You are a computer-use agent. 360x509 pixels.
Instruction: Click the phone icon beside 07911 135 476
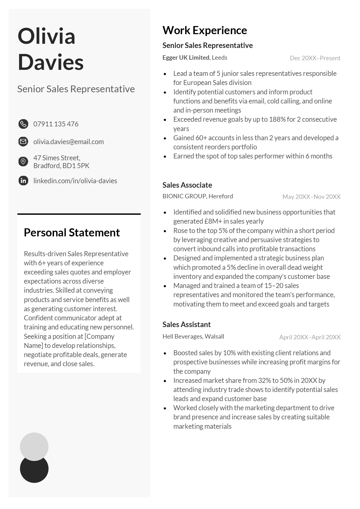[x=23, y=124]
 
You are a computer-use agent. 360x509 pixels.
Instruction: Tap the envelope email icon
[x=23, y=142]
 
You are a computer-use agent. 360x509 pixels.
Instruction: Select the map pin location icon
[x=23, y=162]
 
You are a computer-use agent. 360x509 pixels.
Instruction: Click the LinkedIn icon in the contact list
[x=23, y=181]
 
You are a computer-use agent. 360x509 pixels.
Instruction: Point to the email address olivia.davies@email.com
[x=68, y=142]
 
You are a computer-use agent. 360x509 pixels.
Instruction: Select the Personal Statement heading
[x=72, y=232]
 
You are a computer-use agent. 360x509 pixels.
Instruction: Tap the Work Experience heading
[x=205, y=30]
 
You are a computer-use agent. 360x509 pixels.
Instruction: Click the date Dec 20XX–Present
[x=315, y=58]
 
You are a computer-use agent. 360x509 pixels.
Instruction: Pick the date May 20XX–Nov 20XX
[x=311, y=197]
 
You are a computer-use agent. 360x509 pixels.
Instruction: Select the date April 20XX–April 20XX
[x=310, y=337]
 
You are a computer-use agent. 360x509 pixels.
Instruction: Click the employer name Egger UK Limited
[x=186, y=58]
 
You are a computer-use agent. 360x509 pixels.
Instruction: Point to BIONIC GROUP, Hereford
[x=197, y=196]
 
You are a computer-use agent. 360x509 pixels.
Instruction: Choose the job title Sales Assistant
[x=186, y=324]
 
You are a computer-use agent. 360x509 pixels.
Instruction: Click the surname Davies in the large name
[x=51, y=62]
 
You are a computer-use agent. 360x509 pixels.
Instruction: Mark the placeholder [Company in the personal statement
[x=99, y=336]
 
